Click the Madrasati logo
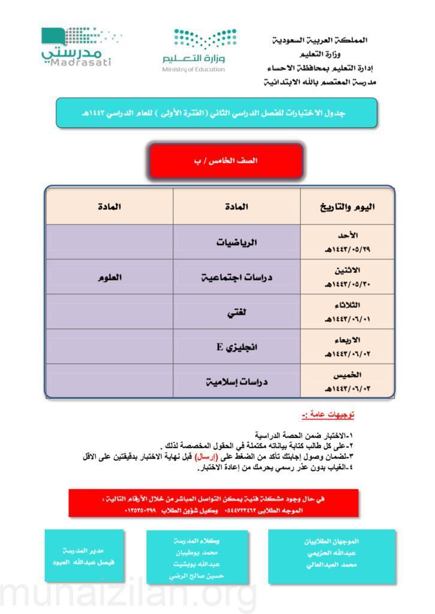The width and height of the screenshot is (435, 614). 77,47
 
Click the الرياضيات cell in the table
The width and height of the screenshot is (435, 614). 236,243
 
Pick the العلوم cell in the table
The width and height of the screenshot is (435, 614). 110,278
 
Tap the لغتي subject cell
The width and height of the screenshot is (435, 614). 236,312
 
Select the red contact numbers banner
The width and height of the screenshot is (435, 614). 213,503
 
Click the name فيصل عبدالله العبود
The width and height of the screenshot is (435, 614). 83,563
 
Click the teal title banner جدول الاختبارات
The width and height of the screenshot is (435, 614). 216,113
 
